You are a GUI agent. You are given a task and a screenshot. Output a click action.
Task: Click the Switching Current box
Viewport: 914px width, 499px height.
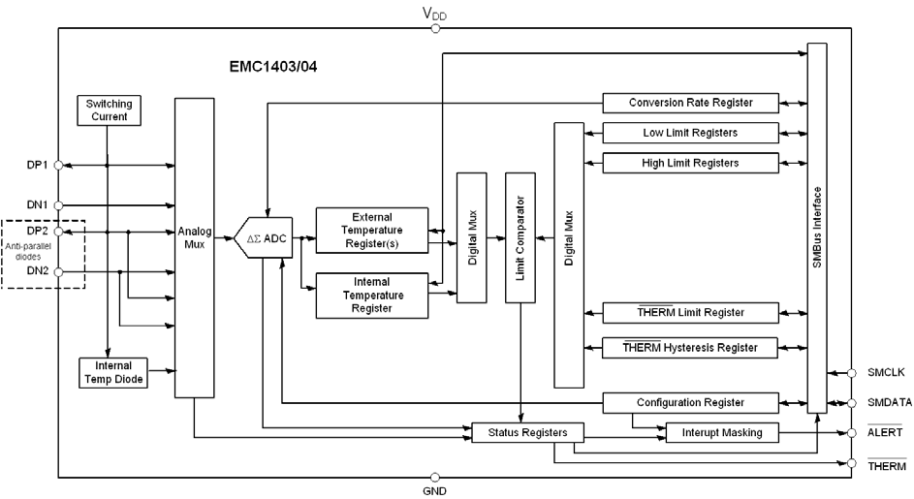tap(110, 110)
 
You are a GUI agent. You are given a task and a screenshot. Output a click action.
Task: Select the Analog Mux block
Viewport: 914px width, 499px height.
tap(194, 247)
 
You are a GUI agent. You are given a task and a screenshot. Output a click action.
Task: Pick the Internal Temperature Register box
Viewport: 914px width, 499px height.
tap(372, 295)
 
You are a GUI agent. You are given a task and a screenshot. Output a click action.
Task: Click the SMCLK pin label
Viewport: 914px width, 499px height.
tap(884, 371)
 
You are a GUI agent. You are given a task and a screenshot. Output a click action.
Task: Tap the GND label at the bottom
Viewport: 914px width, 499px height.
tap(434, 491)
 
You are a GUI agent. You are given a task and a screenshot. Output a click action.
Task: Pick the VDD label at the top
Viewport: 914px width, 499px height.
tap(434, 14)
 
